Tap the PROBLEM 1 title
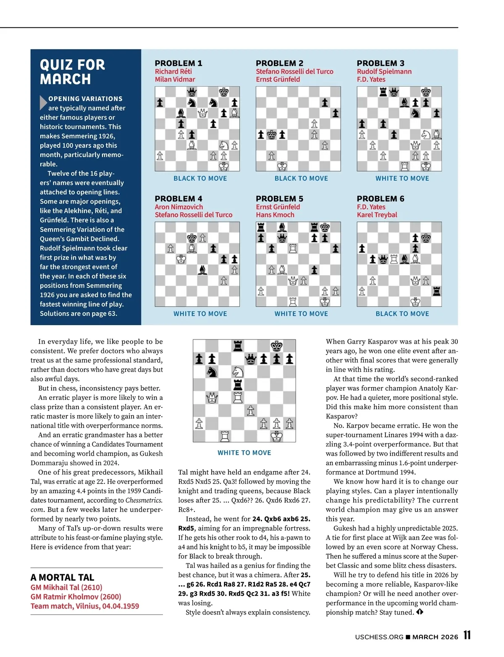point(178,63)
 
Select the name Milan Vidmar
point(175,79)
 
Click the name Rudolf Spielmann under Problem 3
point(384,71)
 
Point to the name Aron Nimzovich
point(178,207)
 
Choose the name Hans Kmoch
point(275,215)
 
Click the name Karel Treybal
point(377,215)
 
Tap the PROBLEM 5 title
point(279,199)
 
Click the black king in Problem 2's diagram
point(272,134)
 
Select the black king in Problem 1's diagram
point(224,92)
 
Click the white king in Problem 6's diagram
point(415,301)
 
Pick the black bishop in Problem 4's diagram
point(202,269)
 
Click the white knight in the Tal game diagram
point(238,372)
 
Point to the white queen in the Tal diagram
point(212,397)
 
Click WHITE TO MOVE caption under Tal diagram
point(244,453)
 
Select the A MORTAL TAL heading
point(62,578)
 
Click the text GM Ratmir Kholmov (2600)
point(76,597)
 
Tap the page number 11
point(467,635)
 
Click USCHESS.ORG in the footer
point(379,637)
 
